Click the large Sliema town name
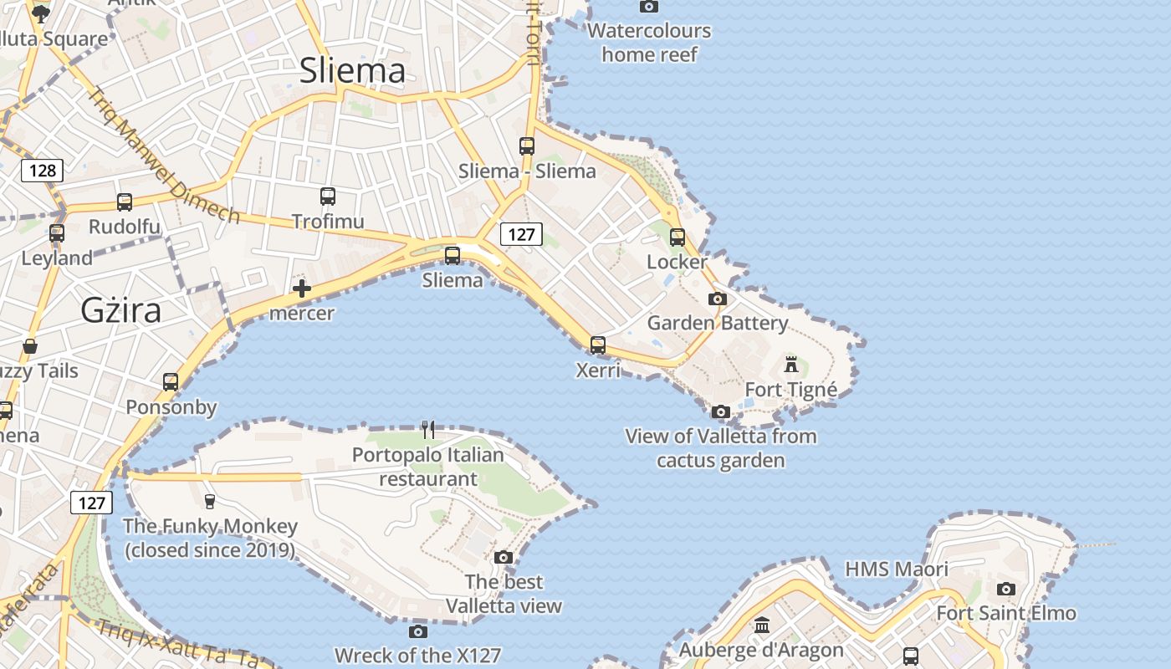[352, 71]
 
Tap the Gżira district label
[121, 310]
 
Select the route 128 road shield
[42, 171]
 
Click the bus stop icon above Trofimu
[328, 197]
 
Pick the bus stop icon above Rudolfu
[125, 202]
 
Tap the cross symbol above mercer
[302, 289]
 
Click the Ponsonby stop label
[171, 407]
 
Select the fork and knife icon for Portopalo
[428, 430]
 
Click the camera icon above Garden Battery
[718, 299]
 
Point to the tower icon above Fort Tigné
[791, 365]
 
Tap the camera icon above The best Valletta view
[504, 557]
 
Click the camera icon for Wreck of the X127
[418, 631]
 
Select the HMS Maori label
[897, 569]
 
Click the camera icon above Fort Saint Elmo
[1006, 589]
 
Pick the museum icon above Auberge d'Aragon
[761, 626]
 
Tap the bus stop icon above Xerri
[598, 345]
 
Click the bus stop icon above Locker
[678, 237]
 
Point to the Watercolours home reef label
[649, 43]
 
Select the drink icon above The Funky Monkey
[210, 501]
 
